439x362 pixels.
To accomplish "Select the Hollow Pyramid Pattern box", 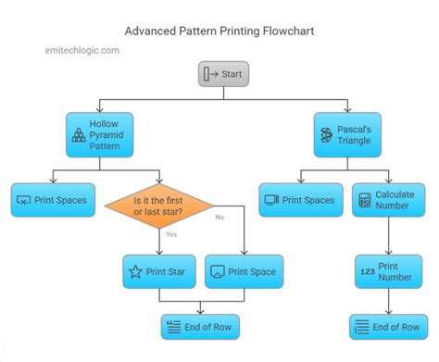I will (101, 133).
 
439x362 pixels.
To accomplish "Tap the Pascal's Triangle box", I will (347, 133).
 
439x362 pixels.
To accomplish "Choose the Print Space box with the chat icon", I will (242, 272).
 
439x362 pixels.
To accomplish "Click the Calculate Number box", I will (386, 199).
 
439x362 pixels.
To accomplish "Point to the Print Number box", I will (386, 272).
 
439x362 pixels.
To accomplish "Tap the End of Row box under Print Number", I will (386, 327).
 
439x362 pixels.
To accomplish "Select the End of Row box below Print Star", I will (201, 326).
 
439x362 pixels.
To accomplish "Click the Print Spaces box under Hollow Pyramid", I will (53, 199).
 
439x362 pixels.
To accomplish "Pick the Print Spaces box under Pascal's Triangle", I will (301, 199).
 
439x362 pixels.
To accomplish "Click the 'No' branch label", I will (219, 218).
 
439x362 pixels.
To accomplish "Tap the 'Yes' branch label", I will (171, 234).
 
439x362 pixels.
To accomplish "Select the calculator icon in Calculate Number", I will (365, 199).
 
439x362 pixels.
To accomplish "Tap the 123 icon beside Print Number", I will (365, 272).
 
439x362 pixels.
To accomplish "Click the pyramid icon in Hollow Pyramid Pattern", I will (79, 134).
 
